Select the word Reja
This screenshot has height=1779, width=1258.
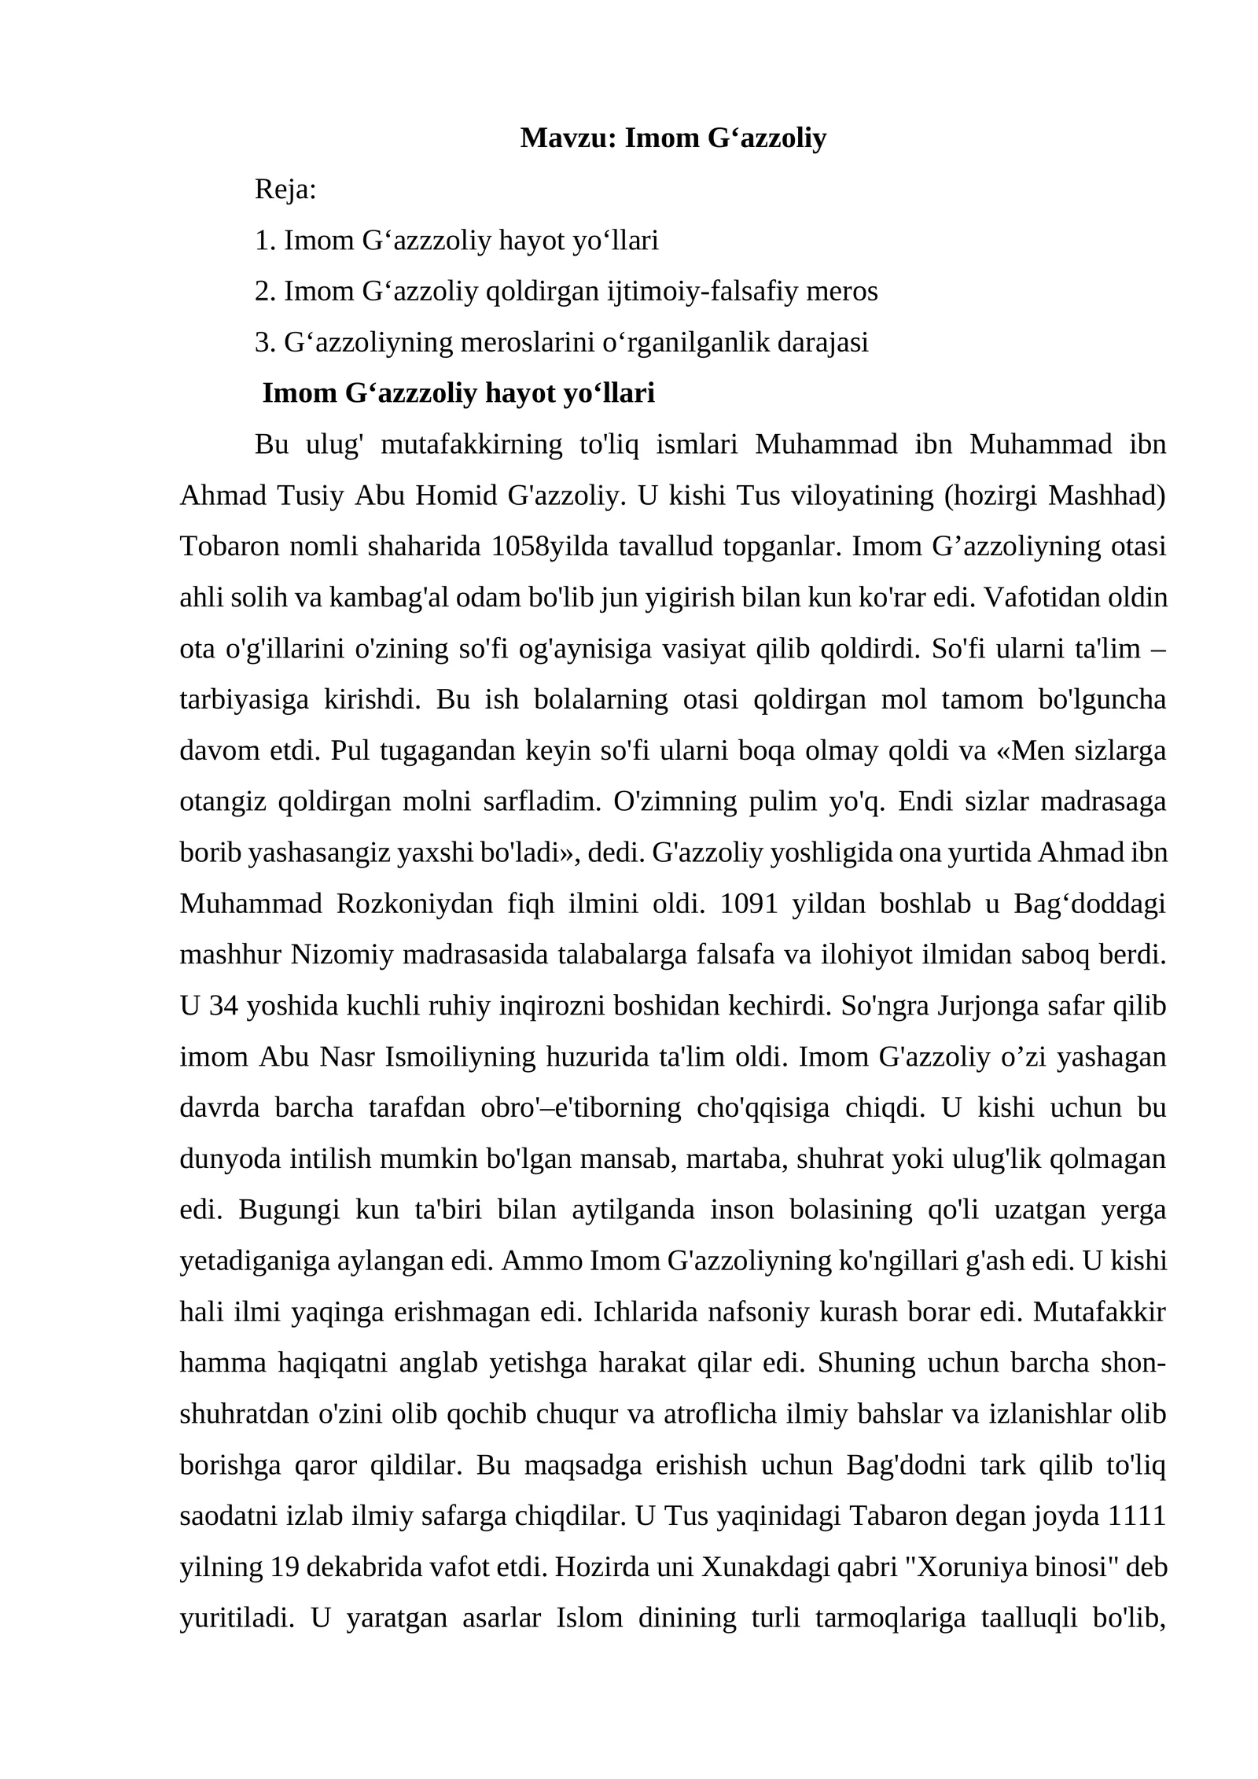coord(284,190)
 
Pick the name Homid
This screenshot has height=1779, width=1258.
coord(456,495)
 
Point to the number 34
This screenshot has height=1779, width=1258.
coord(224,1006)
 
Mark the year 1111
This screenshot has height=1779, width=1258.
coord(1136,1516)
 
